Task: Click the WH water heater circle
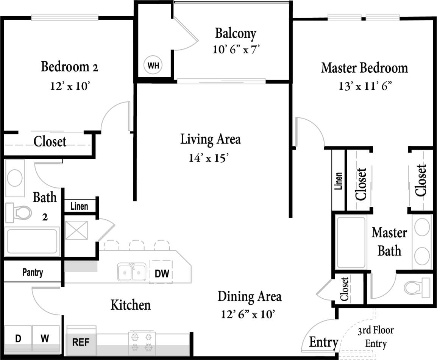(153, 65)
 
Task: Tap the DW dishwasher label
(162, 273)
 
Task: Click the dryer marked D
(17, 338)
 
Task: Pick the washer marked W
(45, 338)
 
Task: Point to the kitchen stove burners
(142, 342)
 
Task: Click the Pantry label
(33, 272)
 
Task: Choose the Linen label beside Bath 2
(79, 206)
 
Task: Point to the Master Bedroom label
(364, 68)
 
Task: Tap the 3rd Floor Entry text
(376, 337)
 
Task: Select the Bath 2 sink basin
(15, 178)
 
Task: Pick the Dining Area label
(249, 296)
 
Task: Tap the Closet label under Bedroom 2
(50, 142)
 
